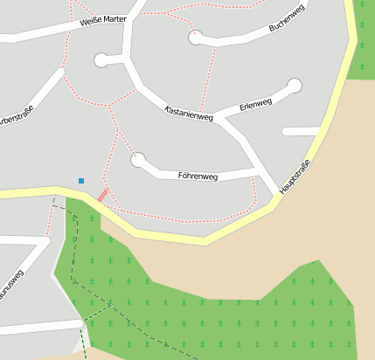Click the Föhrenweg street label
pos(198,176)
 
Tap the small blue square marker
pos(81,181)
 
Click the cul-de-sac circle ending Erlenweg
pos(295,86)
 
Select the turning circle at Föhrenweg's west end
pos(137,160)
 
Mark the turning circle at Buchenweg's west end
pos(196,37)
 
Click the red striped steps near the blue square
pos(103,195)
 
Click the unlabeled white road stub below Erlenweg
pos(302,131)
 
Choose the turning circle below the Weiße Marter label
pos(102,60)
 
